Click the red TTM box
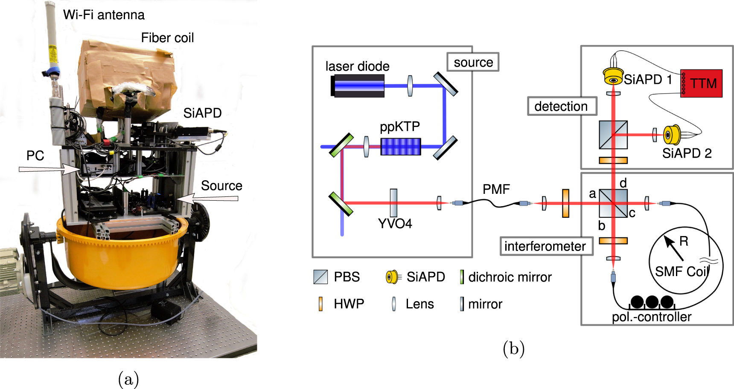(701, 83)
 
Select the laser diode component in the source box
(358, 85)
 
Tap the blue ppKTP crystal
(400, 146)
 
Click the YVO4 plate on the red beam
(393, 203)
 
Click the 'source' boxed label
(473, 62)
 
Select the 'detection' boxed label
(561, 106)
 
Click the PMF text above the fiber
(496, 189)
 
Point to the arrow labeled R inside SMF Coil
(674, 248)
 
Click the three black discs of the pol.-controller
(652, 302)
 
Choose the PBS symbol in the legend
(320, 277)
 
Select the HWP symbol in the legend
(320, 304)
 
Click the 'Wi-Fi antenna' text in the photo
(104, 15)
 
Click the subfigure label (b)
(513, 349)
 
